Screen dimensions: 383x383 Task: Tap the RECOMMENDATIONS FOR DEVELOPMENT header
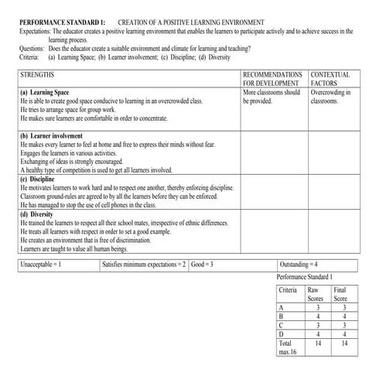tap(270, 79)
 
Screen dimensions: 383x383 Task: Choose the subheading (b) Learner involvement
tap(53, 135)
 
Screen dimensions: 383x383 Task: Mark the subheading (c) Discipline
tap(42, 179)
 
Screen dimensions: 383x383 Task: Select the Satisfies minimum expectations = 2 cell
tap(144, 265)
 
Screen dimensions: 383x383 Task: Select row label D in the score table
tap(282, 333)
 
